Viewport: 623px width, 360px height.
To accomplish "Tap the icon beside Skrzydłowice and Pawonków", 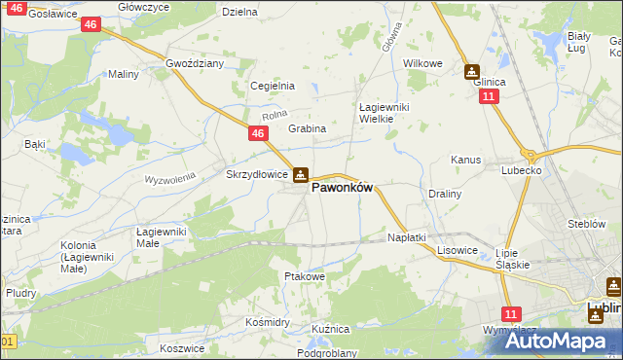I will coord(301,175).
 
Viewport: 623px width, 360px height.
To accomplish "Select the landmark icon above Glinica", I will coord(471,71).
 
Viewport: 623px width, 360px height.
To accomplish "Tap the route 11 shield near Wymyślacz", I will coord(510,313).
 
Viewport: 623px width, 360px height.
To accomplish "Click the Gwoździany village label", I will coord(196,62).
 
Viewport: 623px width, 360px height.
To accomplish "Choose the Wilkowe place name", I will coord(422,63).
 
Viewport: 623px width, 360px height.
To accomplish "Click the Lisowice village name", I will coord(457,250).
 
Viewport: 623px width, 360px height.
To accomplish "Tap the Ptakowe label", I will coord(304,276).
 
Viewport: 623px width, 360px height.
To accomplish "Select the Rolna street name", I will coord(275,118).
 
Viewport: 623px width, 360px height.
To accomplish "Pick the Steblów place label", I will coord(587,224).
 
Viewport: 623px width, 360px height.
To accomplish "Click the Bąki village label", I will coord(35,144).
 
